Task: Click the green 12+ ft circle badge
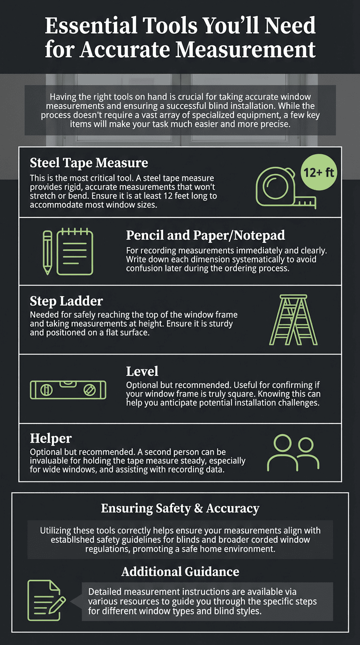[317, 173]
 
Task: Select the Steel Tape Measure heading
[89, 163]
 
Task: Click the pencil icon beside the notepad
[47, 252]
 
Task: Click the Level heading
[142, 371]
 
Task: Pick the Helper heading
[51, 438]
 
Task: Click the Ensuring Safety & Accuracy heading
[180, 508]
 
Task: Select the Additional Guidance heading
[180, 571]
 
